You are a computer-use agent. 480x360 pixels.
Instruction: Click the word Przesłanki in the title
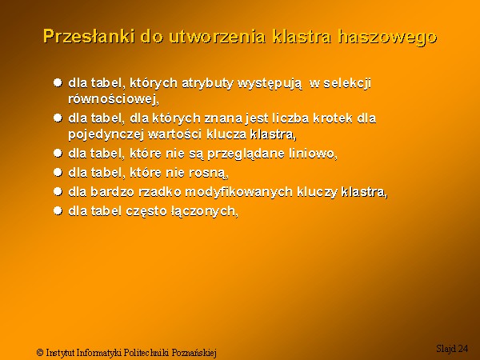click(x=89, y=37)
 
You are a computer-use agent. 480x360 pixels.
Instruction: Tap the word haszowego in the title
click(x=387, y=38)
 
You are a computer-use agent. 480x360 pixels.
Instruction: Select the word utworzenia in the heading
click(x=217, y=37)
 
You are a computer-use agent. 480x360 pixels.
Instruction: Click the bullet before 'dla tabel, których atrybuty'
click(x=58, y=82)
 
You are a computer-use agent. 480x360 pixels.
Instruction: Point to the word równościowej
click(x=114, y=99)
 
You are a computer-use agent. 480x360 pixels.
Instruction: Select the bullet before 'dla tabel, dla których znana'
click(x=58, y=118)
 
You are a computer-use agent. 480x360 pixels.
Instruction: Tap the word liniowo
click(x=313, y=154)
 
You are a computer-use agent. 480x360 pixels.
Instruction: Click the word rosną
click(x=209, y=174)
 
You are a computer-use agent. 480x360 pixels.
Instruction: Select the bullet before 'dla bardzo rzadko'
click(x=58, y=192)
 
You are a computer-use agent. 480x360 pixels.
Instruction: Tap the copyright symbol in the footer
click(x=40, y=352)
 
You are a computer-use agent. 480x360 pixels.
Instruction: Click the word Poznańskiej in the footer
click(x=194, y=353)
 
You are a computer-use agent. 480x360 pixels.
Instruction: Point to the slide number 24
click(x=462, y=349)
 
